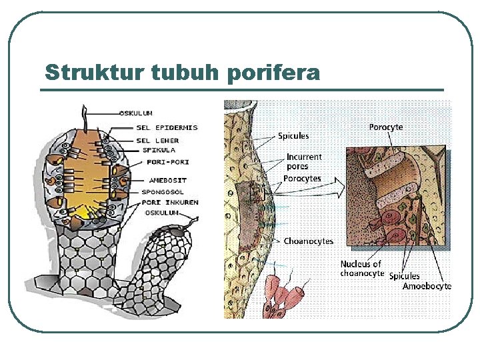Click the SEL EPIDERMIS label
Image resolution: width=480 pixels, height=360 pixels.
click(x=167, y=127)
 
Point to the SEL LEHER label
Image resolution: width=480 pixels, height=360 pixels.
click(x=157, y=140)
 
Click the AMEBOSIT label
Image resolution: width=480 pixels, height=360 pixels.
click(x=168, y=180)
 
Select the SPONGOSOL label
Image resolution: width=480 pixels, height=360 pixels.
click(x=163, y=192)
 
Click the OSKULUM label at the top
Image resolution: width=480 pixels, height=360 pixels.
click(x=136, y=113)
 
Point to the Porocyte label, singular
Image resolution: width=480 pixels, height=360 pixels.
click(x=386, y=126)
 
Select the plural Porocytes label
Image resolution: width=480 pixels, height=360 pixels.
click(x=303, y=179)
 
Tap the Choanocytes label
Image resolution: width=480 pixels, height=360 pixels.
click(x=309, y=241)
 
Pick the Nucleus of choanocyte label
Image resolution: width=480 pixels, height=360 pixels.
click(x=362, y=269)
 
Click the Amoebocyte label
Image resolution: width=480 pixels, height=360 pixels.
click(x=427, y=287)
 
